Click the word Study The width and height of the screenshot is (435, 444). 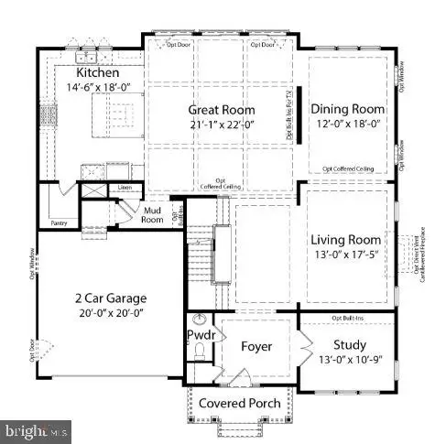(x=350, y=345)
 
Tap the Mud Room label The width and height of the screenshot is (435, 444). (x=152, y=214)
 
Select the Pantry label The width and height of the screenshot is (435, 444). (x=60, y=221)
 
